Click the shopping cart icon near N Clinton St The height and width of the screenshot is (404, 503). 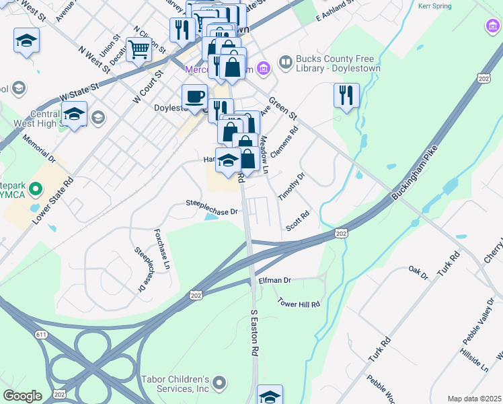pos(139,49)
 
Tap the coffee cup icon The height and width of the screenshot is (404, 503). pos(194,96)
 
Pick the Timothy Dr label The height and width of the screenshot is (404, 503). pos(292,186)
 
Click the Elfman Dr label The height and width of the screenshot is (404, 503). pos(274,280)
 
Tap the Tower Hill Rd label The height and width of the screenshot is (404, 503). pos(299,304)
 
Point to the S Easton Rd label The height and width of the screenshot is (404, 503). pos(255,333)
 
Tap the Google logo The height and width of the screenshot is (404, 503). pos(23,396)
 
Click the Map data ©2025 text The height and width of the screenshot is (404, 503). pos(475,399)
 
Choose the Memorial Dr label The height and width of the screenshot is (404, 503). pos(38,149)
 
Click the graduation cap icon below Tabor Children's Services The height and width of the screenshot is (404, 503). pos(270,396)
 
